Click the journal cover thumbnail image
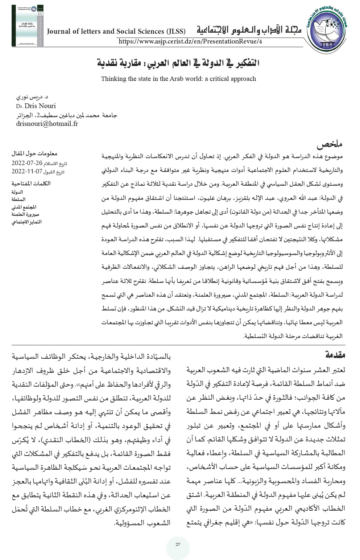27,26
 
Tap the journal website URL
190,42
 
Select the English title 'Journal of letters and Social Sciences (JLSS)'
116,31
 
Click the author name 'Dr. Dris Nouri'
36,106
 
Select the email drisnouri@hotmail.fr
47,124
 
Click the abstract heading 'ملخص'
330,145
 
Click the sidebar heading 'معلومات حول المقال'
34,154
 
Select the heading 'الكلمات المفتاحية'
31,184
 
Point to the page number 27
178,544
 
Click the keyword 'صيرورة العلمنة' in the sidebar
25,214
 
